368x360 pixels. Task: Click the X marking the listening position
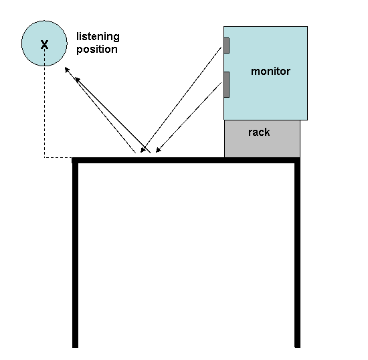44,44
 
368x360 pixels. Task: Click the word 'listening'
98,37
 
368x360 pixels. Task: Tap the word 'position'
97,50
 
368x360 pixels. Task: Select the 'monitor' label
270,72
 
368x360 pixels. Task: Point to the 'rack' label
259,132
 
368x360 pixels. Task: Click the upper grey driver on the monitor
226,46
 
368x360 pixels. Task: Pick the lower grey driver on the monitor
226,84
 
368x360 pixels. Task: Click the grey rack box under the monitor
262,139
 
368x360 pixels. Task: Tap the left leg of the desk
75,255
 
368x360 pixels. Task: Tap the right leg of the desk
297,255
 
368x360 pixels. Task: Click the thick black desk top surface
186,160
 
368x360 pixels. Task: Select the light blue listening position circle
44,43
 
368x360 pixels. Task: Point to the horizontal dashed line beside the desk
58,157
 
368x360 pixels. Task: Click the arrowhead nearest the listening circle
67,70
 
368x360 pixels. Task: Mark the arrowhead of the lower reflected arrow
77,80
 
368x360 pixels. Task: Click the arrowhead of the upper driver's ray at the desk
143,150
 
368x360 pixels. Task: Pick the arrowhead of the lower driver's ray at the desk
159,150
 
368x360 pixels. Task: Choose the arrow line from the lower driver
189,117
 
